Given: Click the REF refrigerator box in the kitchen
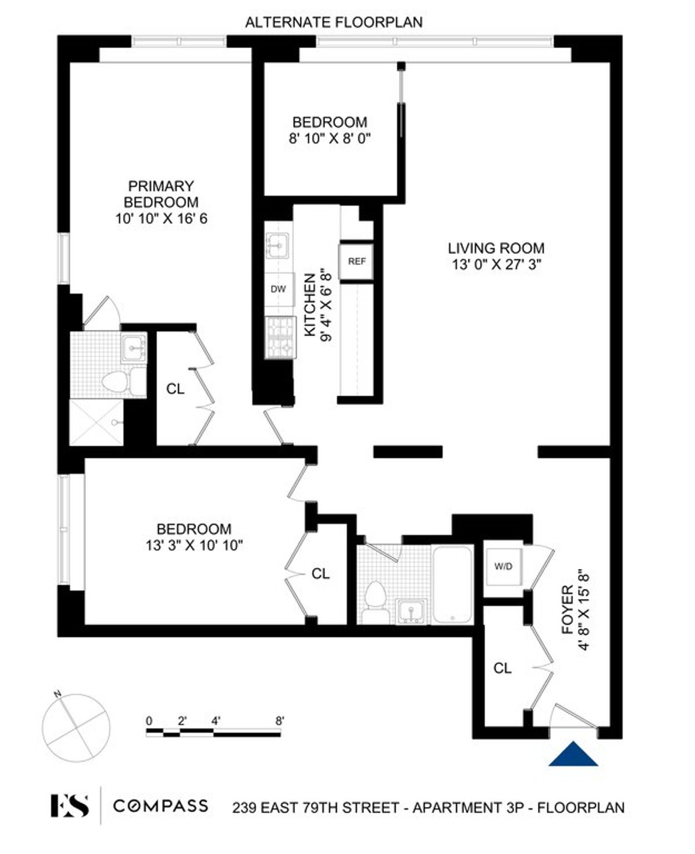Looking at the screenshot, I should [x=356, y=262].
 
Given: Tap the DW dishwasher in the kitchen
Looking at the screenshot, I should [x=279, y=289].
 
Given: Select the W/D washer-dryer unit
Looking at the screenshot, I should [x=503, y=566].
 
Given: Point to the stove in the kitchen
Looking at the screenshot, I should [x=279, y=337].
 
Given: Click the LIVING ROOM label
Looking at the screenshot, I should [x=496, y=249].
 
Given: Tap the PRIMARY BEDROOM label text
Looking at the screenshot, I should [x=161, y=194].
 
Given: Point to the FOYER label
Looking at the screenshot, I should [x=568, y=603].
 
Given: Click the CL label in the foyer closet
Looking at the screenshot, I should [x=502, y=668].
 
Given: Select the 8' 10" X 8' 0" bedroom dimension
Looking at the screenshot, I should [x=330, y=138].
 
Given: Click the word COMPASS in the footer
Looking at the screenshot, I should [x=160, y=806].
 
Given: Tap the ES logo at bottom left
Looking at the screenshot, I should [x=69, y=806].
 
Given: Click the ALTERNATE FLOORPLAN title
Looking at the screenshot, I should [x=334, y=23].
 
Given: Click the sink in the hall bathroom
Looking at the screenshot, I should [x=411, y=612].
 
